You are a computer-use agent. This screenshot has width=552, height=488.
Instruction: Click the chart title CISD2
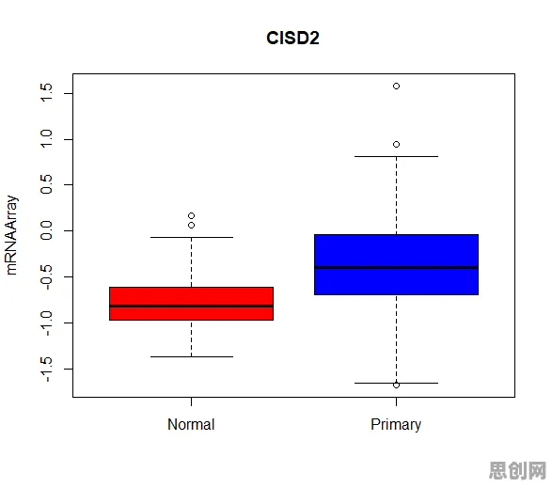click(292, 38)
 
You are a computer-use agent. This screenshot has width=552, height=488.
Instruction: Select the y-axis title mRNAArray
click(11, 235)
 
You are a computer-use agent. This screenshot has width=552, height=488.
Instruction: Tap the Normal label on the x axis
click(191, 424)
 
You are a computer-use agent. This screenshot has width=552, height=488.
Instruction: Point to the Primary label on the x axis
click(396, 425)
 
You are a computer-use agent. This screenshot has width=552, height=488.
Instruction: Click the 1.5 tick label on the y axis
click(46, 93)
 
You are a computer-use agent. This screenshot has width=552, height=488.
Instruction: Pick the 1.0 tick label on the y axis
click(46, 139)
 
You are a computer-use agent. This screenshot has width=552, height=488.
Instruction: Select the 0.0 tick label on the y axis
click(46, 230)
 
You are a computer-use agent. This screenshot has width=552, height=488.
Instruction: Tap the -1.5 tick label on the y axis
click(46, 369)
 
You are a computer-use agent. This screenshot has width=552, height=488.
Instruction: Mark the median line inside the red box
click(192, 306)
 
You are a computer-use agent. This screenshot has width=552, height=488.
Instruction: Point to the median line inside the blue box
click(397, 268)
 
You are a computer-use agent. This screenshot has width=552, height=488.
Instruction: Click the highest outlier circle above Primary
click(397, 87)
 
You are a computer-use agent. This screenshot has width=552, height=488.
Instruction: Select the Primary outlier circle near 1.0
click(397, 145)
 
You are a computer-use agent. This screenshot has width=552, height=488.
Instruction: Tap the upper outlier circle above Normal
click(192, 216)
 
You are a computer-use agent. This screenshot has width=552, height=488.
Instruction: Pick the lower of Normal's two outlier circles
click(192, 226)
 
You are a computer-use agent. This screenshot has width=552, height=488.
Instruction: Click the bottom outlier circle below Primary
click(397, 386)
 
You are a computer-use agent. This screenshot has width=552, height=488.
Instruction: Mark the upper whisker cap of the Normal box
click(192, 237)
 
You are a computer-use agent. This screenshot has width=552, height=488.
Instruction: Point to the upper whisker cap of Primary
click(397, 156)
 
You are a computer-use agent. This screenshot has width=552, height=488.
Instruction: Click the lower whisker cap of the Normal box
click(192, 356)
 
